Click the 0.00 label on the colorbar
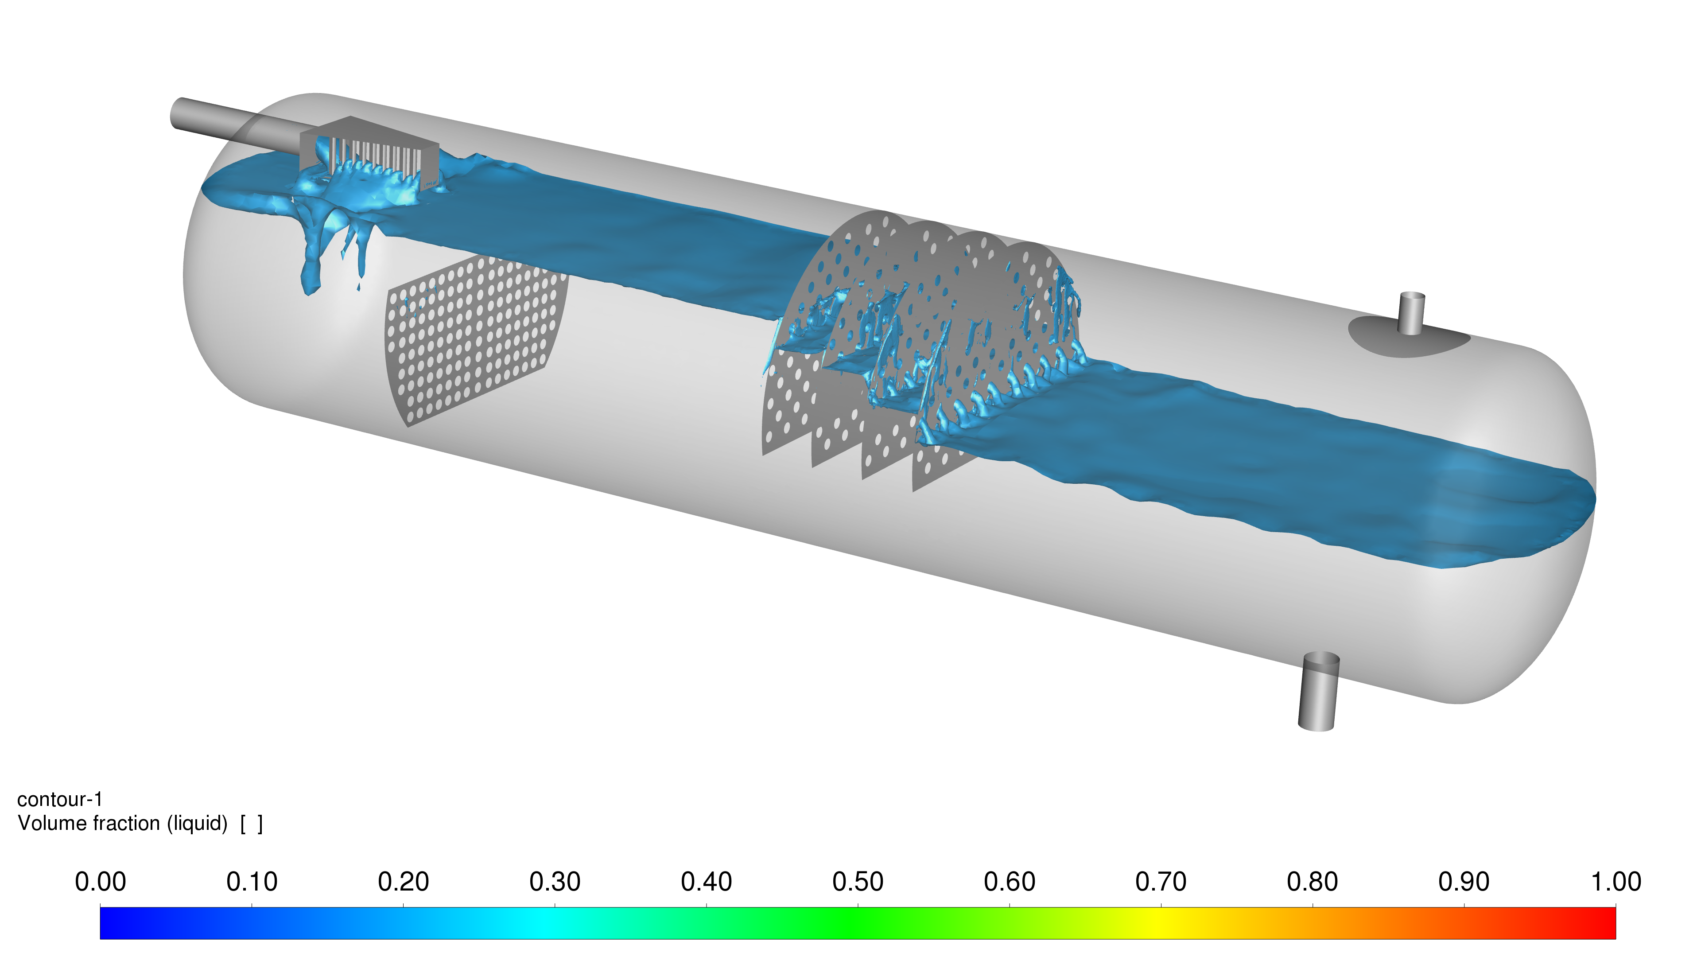pyautogui.click(x=101, y=882)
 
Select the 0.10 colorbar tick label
pyautogui.click(x=252, y=882)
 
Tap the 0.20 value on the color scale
pyautogui.click(x=404, y=882)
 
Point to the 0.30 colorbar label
pyautogui.click(x=555, y=882)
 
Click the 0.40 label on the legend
pyautogui.click(x=707, y=882)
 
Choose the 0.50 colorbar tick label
pyautogui.click(x=858, y=882)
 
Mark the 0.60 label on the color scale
pyautogui.click(x=1010, y=882)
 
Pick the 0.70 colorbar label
pyautogui.click(x=1161, y=882)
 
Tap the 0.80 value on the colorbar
pyautogui.click(x=1313, y=882)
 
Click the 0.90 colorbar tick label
pyautogui.click(x=1464, y=882)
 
